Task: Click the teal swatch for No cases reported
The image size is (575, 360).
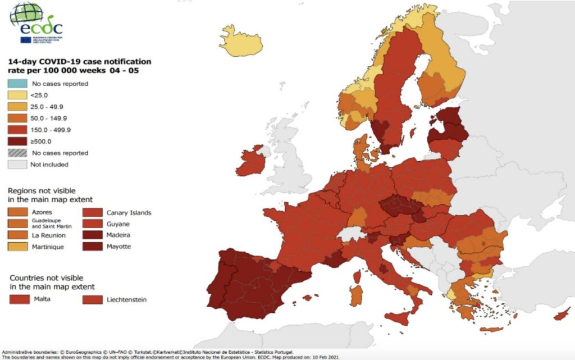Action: [x=17, y=84]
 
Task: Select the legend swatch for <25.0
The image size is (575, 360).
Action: [x=17, y=95]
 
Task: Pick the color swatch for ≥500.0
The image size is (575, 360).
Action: [x=17, y=142]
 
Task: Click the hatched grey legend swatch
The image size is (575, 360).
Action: [x=17, y=153]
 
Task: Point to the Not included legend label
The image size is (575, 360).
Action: [x=50, y=165]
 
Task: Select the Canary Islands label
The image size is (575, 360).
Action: [x=129, y=213]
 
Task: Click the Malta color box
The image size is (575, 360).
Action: [x=20, y=299]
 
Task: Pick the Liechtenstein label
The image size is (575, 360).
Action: [x=126, y=300]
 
